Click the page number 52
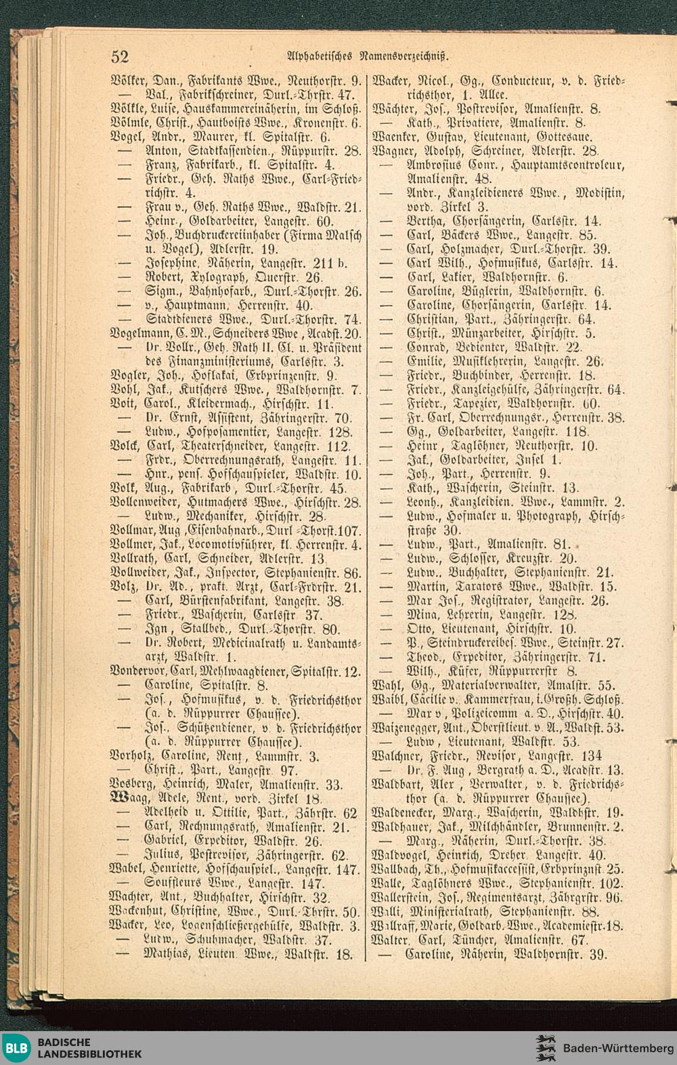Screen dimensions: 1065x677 121,56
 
